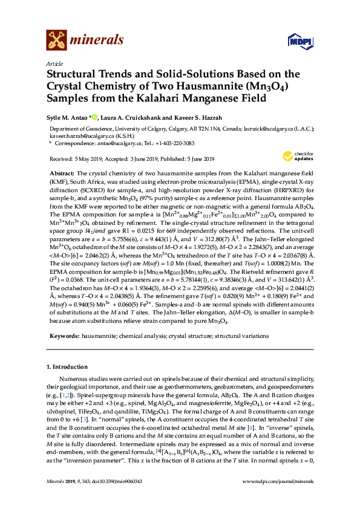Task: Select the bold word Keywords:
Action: [63, 335]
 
